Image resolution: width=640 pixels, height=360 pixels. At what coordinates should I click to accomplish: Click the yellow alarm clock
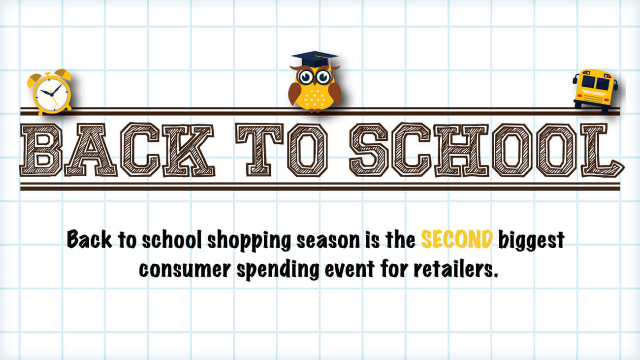(50, 92)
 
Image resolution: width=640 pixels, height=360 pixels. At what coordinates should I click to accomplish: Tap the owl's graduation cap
(315, 60)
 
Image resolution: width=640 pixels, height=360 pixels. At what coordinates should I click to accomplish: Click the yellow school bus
(595, 90)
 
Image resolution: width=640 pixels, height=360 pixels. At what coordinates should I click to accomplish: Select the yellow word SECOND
(457, 239)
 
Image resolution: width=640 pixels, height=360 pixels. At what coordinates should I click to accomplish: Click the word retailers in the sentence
(456, 269)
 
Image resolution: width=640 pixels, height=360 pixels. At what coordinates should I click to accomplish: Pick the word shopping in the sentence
(249, 240)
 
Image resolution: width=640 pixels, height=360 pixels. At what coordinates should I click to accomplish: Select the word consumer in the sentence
(185, 270)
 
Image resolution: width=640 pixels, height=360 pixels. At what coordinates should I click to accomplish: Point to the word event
(350, 269)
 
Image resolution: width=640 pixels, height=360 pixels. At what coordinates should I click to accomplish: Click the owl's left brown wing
(294, 94)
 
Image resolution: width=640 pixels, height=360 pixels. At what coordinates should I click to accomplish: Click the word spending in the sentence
(278, 270)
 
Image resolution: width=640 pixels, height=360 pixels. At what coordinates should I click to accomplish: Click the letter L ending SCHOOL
(602, 150)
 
